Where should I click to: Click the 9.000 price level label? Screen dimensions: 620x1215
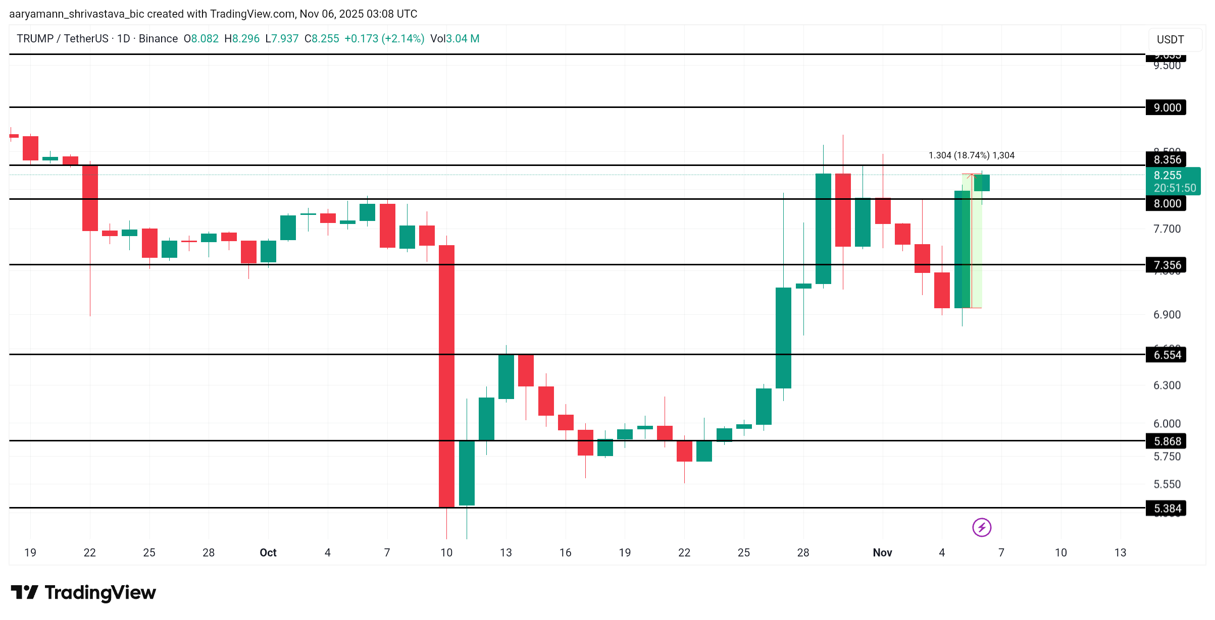[1166, 107]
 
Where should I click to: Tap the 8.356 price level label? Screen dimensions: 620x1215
[1166, 160]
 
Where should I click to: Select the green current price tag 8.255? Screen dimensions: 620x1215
[1173, 181]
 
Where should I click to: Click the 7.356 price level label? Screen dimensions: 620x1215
[1166, 265]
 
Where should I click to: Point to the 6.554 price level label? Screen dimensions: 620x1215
[1166, 355]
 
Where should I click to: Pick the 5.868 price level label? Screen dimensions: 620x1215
[1166, 441]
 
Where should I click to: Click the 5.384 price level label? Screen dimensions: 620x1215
[1166, 509]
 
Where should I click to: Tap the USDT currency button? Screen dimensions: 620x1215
[1170, 39]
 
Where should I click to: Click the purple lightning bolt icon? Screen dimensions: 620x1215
[981, 528]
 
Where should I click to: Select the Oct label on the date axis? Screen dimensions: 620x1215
[268, 553]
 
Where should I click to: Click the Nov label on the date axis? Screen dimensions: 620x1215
[882, 553]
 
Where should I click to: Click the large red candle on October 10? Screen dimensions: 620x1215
[446, 376]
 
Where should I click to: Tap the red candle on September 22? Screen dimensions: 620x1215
[90, 198]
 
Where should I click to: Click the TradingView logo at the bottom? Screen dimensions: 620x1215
[83, 592]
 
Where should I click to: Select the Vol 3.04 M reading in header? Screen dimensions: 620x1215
[454, 39]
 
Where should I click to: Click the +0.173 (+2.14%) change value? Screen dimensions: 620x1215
[384, 39]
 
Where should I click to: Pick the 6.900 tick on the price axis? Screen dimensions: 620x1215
[1167, 315]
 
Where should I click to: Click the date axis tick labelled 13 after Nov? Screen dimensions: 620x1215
[1120, 553]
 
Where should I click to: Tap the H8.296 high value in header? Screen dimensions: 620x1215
[242, 39]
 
